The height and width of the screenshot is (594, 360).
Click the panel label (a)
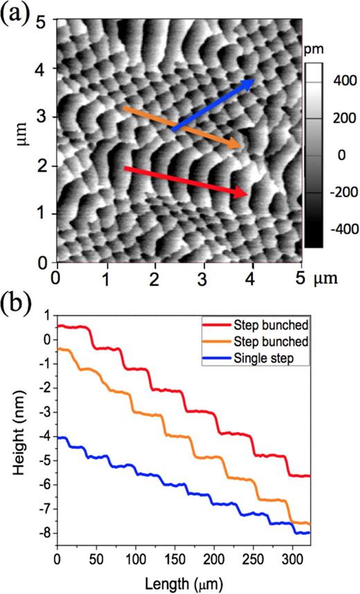coord(15,14)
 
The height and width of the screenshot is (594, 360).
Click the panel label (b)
coord(15,303)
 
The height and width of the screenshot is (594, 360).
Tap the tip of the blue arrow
coord(253,81)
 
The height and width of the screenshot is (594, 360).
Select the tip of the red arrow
coord(248,194)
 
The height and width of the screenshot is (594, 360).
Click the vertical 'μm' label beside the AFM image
coord(20,142)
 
